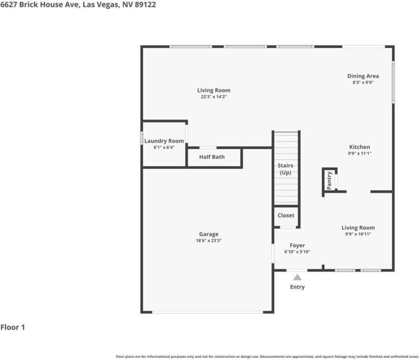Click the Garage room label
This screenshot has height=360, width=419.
(x=208, y=234)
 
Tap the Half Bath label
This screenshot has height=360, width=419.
(x=212, y=157)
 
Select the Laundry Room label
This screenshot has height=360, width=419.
(x=164, y=141)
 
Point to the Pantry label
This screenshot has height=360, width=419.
(x=329, y=181)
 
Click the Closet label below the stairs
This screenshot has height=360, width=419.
(x=286, y=215)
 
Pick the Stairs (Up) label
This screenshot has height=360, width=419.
(x=285, y=169)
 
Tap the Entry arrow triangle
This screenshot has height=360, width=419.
(x=297, y=277)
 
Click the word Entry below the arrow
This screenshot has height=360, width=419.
(x=297, y=287)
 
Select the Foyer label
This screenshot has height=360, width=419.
(x=297, y=246)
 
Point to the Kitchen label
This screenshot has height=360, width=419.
(x=359, y=147)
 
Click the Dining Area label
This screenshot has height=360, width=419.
(x=363, y=76)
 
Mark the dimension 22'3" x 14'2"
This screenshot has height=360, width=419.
(x=214, y=97)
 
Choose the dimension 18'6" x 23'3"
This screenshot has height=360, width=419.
(x=208, y=241)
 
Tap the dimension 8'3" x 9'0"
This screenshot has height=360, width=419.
(x=363, y=82)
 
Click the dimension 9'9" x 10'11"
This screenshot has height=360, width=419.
(x=358, y=234)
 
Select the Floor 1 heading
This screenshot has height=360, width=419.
(x=13, y=327)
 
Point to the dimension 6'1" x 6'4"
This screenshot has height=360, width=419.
(x=164, y=148)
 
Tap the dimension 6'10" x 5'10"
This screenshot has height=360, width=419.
(x=297, y=252)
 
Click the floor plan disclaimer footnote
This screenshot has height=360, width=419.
(x=267, y=357)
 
